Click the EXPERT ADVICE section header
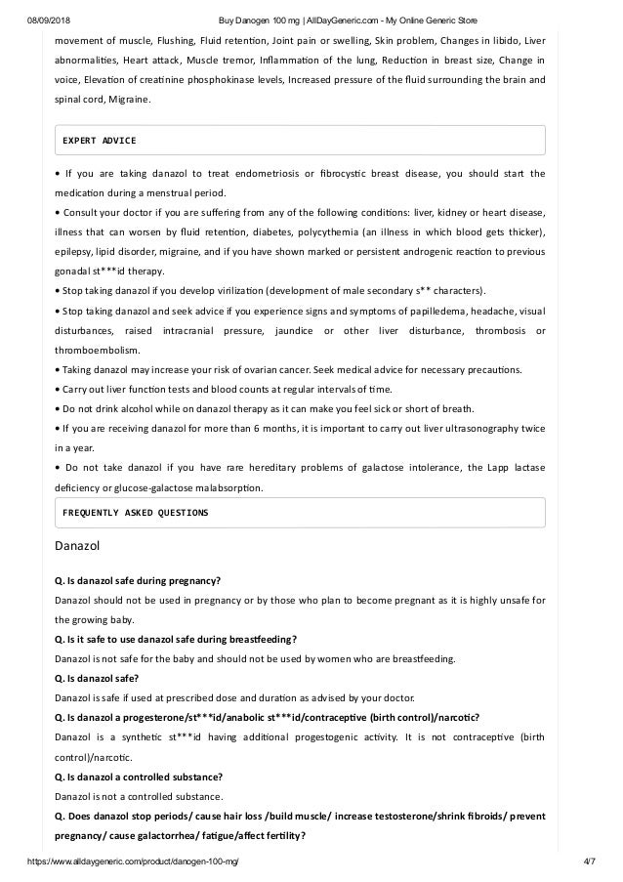(99, 140)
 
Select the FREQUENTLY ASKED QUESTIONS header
(135, 512)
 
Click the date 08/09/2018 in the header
(46, 21)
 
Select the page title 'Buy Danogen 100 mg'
(258, 21)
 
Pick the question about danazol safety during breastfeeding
(175, 640)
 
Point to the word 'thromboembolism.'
(98, 351)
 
